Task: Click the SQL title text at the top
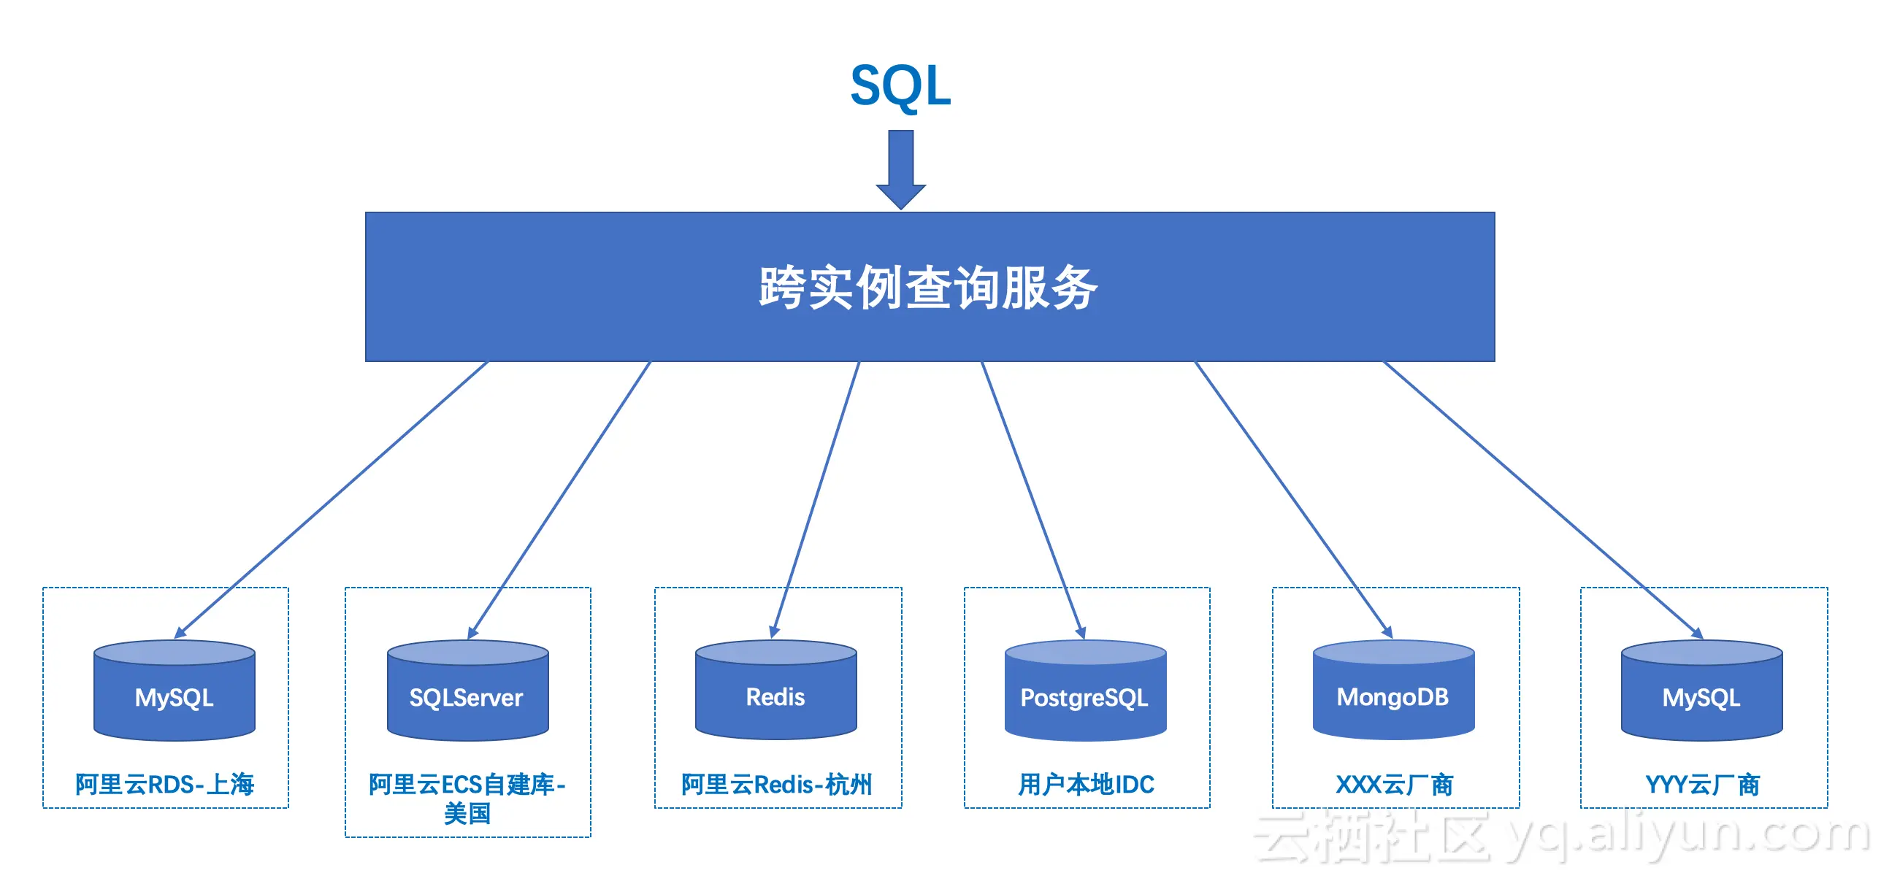901,86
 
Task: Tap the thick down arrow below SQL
901,169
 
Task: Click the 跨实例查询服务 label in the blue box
929,288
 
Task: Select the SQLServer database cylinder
467,691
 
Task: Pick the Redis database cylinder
775,691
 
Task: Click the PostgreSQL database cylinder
1085,691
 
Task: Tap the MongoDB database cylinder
1393,691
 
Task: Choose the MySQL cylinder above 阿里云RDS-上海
175,691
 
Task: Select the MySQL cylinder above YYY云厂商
1701,691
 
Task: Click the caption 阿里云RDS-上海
165,785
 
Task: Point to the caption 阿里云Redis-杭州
777,785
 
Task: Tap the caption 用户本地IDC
1087,785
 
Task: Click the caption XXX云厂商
1395,785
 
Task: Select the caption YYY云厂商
1703,785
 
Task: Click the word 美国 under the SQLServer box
467,813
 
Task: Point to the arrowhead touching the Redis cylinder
774,632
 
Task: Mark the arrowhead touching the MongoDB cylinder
1386,632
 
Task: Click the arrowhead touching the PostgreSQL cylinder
1081,632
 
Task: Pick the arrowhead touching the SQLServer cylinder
473,632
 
